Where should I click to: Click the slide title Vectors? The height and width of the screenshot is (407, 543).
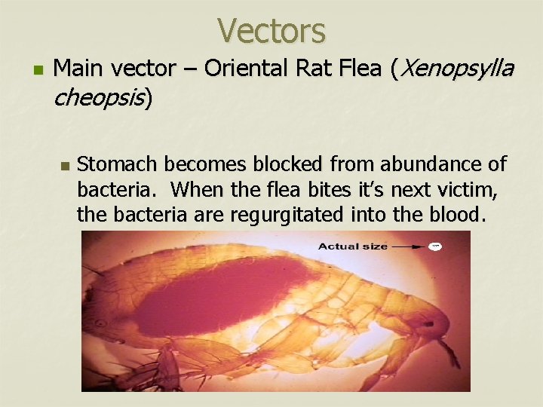271,31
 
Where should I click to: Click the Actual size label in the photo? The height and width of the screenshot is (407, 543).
352,246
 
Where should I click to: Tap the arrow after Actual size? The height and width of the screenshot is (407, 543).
407,246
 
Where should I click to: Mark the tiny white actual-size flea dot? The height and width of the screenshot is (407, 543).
434,246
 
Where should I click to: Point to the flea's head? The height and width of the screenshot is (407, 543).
422,317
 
